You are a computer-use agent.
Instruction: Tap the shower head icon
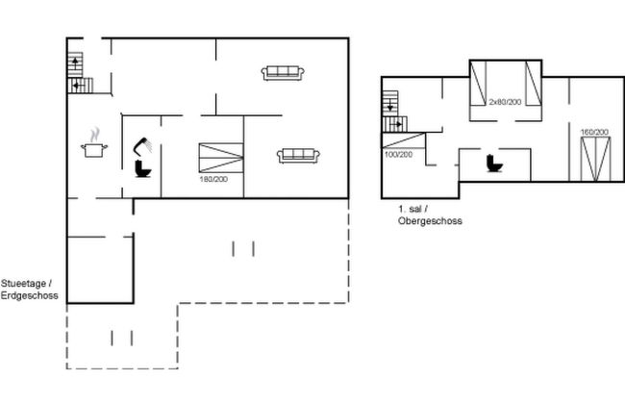tap(142, 146)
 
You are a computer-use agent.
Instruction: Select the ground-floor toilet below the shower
tap(142, 168)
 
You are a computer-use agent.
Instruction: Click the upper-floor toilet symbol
tap(494, 164)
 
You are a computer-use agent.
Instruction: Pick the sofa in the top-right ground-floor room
tap(283, 73)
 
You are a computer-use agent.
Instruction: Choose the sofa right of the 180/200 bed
tap(298, 156)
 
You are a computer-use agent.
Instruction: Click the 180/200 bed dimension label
tap(213, 180)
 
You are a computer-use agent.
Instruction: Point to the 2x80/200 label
tap(505, 102)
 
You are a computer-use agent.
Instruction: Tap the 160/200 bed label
tap(594, 132)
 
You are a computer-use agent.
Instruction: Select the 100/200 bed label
tap(398, 154)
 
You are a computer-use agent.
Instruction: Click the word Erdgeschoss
tap(30, 295)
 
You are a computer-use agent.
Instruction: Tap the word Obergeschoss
tap(430, 221)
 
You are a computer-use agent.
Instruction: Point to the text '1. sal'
tap(411, 209)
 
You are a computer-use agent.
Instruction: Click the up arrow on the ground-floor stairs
tap(75, 63)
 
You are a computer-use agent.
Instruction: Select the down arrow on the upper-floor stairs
tap(390, 106)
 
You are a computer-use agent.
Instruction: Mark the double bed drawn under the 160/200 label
tap(595, 159)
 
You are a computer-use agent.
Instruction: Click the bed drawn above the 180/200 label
tap(221, 158)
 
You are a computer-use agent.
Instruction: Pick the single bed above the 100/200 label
tap(404, 140)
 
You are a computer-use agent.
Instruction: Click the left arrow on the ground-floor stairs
tap(77, 86)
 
